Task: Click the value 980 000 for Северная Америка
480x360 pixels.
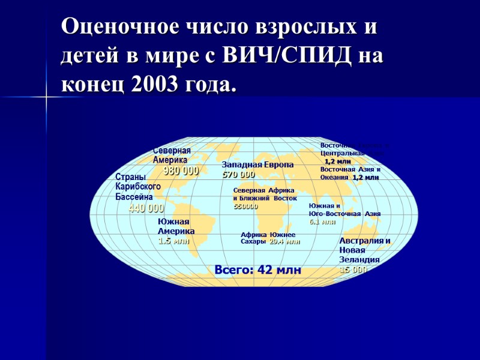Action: (181, 171)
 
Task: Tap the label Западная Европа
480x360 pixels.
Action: (257, 165)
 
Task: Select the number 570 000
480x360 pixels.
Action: (238, 175)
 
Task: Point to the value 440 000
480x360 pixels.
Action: (146, 209)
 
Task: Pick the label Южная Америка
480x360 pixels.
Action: (176, 226)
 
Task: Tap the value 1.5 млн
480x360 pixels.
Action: (173, 241)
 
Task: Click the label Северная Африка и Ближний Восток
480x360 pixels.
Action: (265, 194)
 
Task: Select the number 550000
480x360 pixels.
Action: (245, 206)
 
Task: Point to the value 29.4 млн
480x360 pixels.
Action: (284, 242)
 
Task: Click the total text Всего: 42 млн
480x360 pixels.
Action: (257, 271)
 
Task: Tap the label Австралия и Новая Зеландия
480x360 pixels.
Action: (364, 250)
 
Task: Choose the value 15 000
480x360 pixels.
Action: (353, 270)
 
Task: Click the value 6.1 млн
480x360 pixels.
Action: (322, 222)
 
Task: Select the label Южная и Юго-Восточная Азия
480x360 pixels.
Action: (344, 209)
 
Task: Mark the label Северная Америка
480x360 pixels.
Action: (172, 155)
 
